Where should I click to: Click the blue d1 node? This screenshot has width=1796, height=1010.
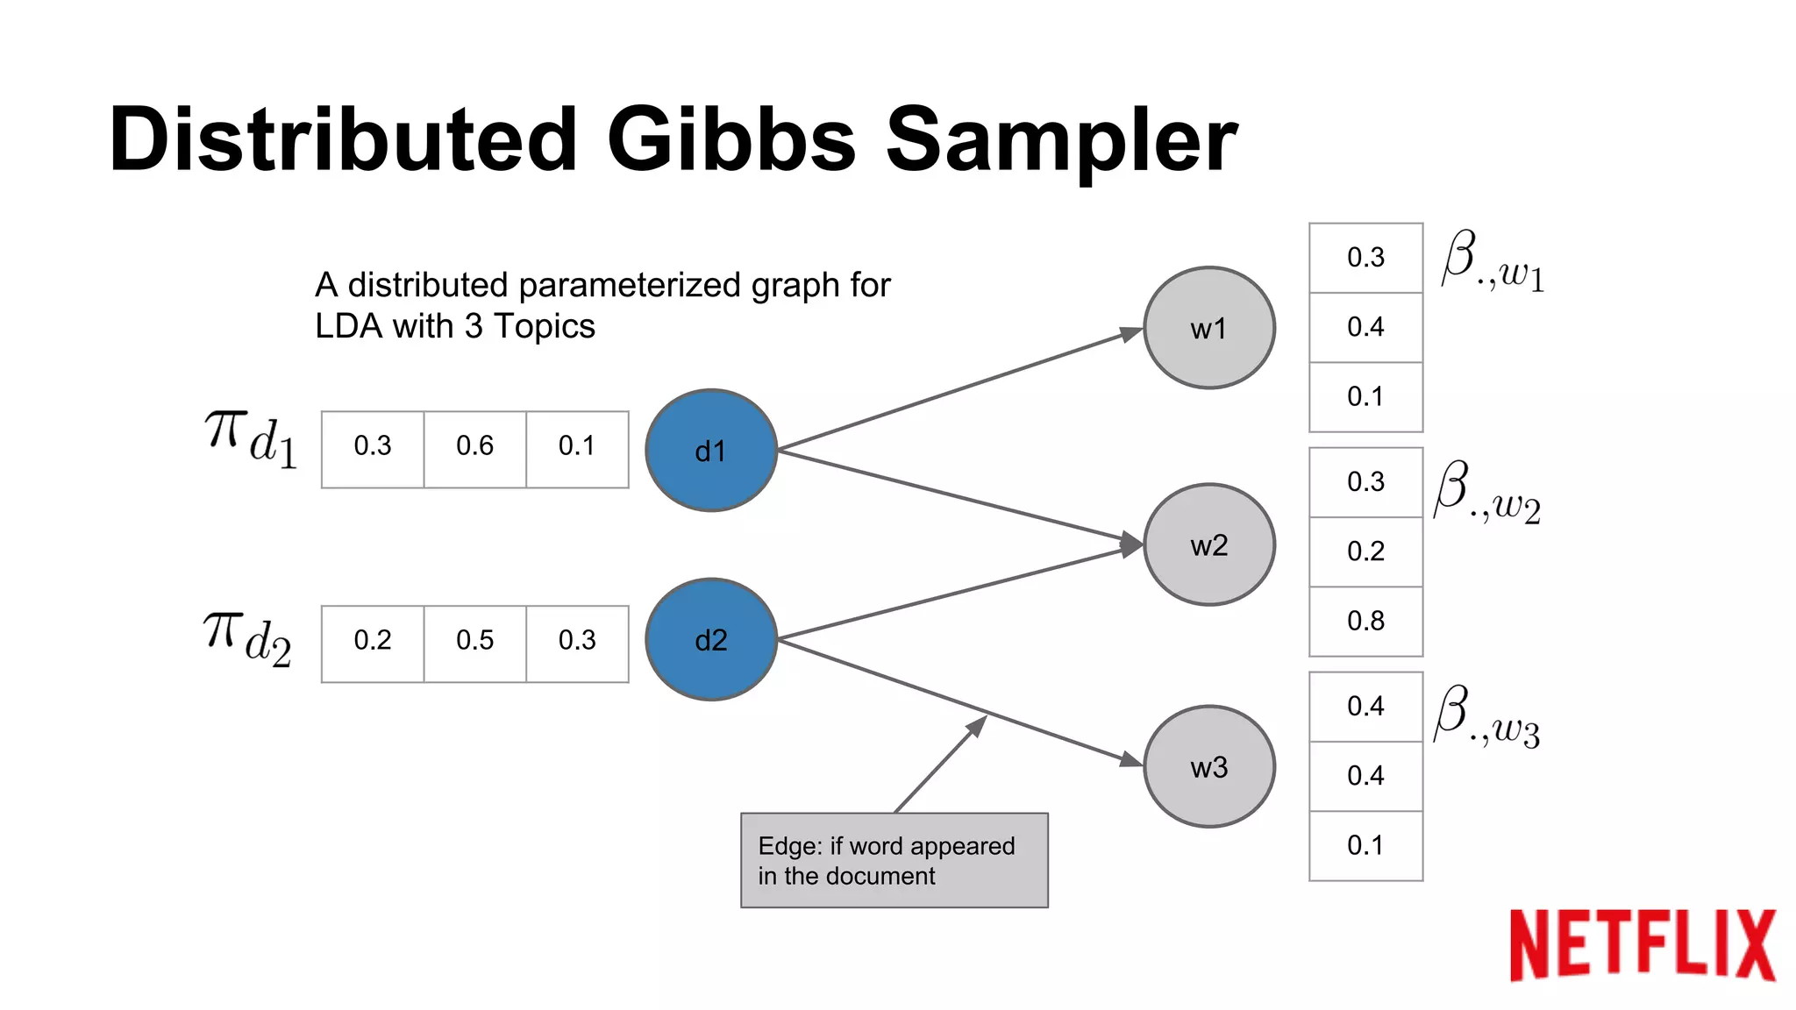pyautogui.click(x=710, y=451)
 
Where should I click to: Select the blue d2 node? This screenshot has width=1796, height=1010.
pyautogui.click(x=710, y=639)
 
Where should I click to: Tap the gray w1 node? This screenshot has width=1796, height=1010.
pyautogui.click(x=1208, y=328)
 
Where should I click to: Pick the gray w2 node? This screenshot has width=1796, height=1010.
pyautogui.click(x=1208, y=544)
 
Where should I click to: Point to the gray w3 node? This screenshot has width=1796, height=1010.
pyautogui.click(x=1208, y=766)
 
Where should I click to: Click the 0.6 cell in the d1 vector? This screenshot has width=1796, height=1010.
pyautogui.click(x=474, y=446)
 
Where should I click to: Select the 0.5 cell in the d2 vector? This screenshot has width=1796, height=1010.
pyautogui.click(x=474, y=641)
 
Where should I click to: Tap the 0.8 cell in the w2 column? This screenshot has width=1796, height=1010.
pyautogui.click(x=1365, y=621)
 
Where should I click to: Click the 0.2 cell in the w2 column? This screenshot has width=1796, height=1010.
pyautogui.click(x=1365, y=551)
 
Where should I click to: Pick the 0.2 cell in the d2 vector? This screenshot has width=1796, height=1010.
pyautogui.click(x=373, y=641)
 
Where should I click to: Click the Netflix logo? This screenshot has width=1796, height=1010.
pyautogui.click(x=1642, y=944)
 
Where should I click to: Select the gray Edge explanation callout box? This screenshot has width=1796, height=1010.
pyautogui.click(x=894, y=860)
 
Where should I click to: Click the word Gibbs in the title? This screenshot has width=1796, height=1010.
pyautogui.click(x=731, y=140)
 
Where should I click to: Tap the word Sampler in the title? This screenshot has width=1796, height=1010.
pyautogui.click(x=1061, y=140)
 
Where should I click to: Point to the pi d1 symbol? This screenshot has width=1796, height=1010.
pyautogui.click(x=251, y=438)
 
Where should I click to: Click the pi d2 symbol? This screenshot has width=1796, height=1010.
pyautogui.click(x=247, y=637)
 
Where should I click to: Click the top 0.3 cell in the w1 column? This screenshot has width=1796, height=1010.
pyautogui.click(x=1365, y=258)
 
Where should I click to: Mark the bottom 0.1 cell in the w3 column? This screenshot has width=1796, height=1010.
pyautogui.click(x=1365, y=845)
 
